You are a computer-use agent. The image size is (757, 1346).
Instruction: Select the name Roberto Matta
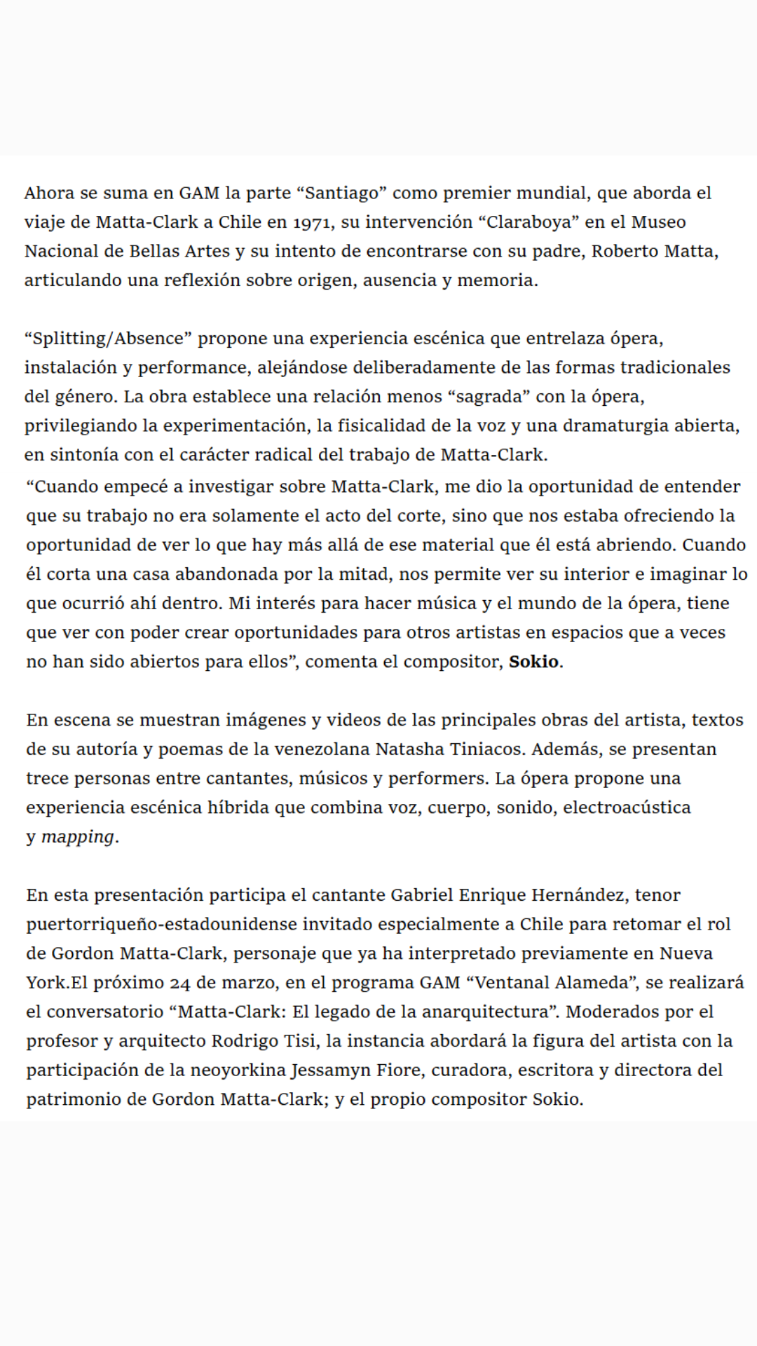click(x=653, y=251)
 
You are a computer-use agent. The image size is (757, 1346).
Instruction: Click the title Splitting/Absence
click(x=108, y=339)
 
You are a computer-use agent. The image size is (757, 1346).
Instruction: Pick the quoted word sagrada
click(x=489, y=397)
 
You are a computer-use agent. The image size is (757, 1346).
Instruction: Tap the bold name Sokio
click(x=533, y=662)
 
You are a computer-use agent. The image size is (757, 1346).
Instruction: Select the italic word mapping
click(x=77, y=837)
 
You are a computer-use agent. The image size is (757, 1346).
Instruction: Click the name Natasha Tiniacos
click(x=449, y=749)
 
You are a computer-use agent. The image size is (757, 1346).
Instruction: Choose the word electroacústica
click(x=627, y=808)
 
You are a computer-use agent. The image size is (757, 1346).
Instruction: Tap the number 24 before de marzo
click(x=179, y=983)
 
